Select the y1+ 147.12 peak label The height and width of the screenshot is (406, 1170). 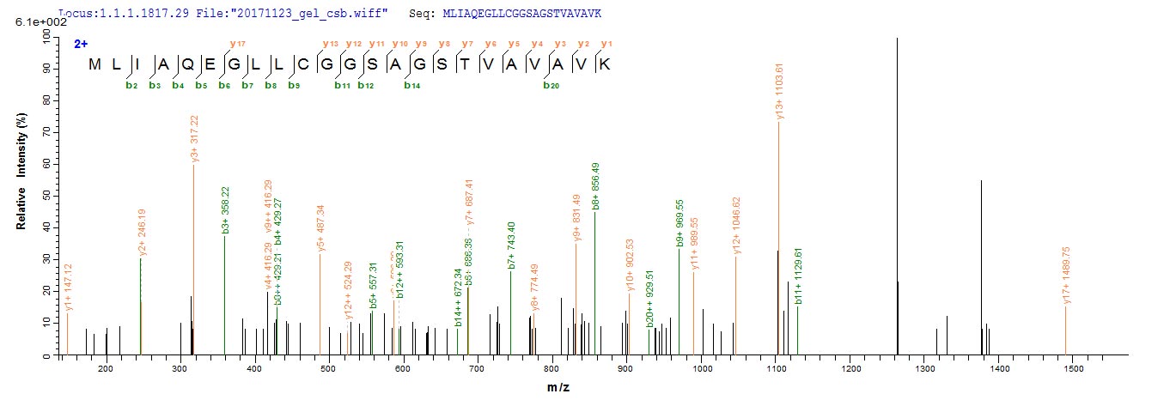pos(69,288)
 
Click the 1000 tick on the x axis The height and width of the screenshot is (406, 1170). pos(703,368)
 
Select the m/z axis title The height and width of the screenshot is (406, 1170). pos(559,388)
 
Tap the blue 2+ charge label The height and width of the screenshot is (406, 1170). pos(82,43)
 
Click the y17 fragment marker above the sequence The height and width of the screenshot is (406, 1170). pos(233,44)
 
